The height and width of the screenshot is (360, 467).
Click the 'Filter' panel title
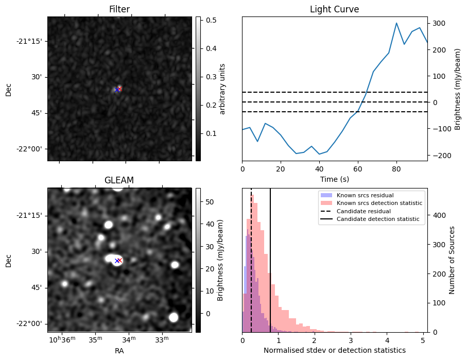[x=119, y=9]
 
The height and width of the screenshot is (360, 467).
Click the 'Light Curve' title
[x=334, y=9]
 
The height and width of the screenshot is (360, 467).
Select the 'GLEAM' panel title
[x=119, y=180]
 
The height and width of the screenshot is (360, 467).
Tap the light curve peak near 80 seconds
[x=396, y=23]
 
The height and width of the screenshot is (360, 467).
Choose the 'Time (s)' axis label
[x=334, y=179]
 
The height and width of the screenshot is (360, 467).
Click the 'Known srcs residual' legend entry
[x=365, y=195]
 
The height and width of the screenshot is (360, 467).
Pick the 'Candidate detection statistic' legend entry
[x=378, y=219]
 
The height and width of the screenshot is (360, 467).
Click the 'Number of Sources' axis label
[x=453, y=260]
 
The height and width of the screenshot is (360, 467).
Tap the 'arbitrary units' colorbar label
[x=223, y=89]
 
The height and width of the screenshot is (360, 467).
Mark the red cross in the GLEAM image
[x=120, y=261]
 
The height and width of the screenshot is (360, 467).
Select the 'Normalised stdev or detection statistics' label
[x=334, y=350]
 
